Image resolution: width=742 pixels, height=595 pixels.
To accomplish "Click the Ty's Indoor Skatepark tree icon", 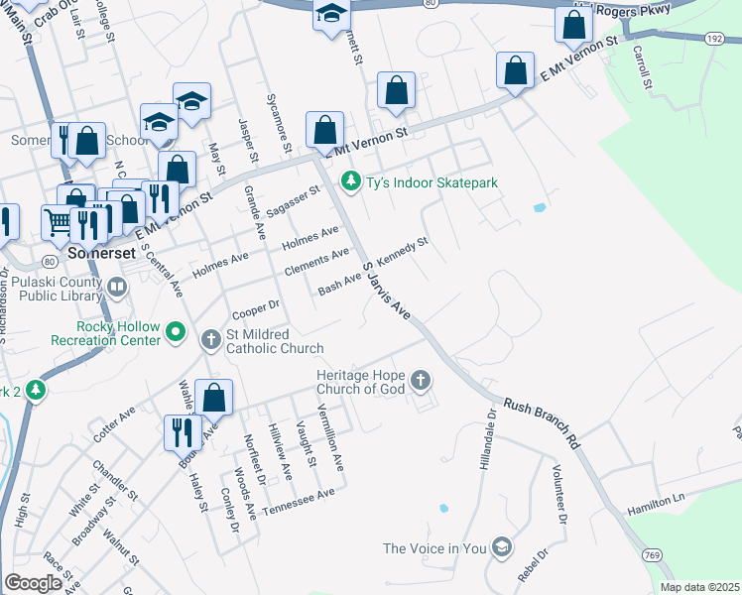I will tap(349, 182).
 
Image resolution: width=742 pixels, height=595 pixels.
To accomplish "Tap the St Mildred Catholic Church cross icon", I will tap(210, 340).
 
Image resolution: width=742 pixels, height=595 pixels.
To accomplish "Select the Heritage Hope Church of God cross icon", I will tap(421, 380).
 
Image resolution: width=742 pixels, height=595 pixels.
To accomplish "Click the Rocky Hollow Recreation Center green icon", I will tap(176, 331).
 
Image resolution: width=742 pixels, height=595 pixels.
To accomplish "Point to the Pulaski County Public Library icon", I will tap(117, 288).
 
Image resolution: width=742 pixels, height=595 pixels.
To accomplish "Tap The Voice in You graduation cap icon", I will tap(503, 547).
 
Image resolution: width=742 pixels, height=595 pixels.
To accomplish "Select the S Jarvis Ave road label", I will tap(386, 290).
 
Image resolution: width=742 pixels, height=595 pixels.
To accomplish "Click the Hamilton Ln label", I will tap(656, 505).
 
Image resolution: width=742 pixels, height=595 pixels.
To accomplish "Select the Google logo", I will tap(33, 582).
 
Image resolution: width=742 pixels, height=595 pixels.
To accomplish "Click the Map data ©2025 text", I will tap(698, 587).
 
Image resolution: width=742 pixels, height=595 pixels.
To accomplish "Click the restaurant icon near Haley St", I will tap(183, 432).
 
